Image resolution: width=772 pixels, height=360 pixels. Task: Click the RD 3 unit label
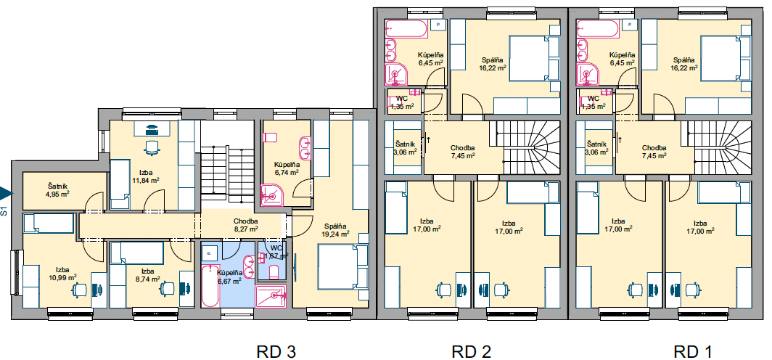pos(276,351)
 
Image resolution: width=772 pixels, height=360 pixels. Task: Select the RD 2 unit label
pos(471,351)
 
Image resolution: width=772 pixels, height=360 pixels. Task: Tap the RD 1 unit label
pos(693,351)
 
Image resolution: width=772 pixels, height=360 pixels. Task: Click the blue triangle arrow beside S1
pos(5,192)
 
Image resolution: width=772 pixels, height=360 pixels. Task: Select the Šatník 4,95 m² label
pos(57,189)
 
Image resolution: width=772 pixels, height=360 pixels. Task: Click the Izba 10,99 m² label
pos(62,273)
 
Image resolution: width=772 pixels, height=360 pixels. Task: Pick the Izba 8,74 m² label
pos(147,275)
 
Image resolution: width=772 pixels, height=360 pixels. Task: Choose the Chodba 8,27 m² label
pos(246,225)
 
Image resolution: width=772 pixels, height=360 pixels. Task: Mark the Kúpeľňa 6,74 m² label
pos(287,168)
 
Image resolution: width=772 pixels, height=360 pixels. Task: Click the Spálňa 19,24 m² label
pos(336,231)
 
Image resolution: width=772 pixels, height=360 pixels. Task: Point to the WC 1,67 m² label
pos(276,252)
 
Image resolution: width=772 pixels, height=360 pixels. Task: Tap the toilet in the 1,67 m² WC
pos(275,271)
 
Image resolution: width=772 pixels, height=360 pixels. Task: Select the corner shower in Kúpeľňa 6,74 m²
pos(271,195)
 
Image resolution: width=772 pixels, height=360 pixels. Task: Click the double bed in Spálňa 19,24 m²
pos(340,266)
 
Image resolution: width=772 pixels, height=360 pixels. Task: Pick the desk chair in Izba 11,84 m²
pos(152,146)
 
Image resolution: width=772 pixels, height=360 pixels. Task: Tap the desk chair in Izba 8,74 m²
pos(168,288)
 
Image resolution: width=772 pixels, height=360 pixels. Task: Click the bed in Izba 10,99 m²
pos(48,223)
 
